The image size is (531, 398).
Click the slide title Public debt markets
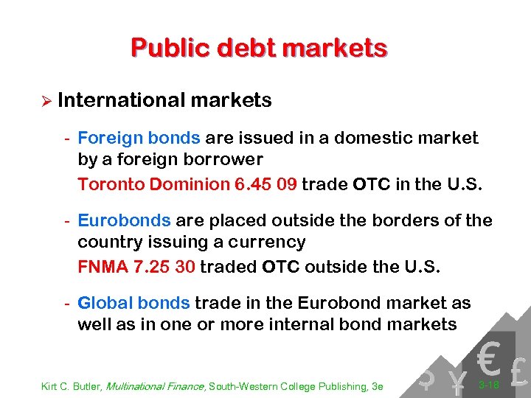click(x=259, y=47)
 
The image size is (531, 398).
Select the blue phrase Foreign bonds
click(x=139, y=138)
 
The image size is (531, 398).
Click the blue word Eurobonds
click(x=124, y=220)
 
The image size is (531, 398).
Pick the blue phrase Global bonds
click(x=134, y=303)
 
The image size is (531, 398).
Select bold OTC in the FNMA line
click(x=280, y=266)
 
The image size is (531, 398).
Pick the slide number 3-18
click(x=489, y=385)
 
